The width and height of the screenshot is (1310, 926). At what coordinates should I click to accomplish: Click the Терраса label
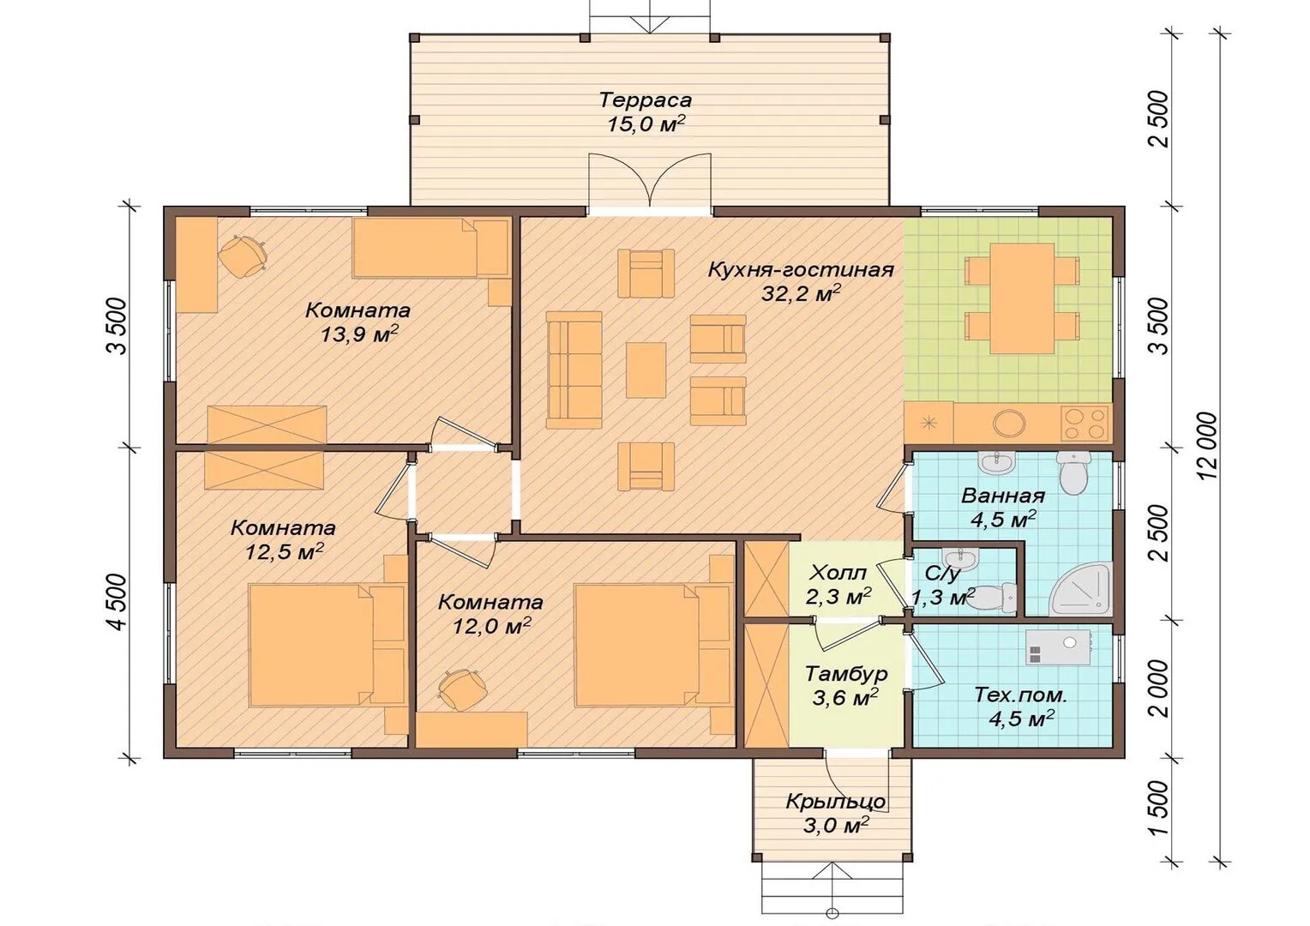click(645, 100)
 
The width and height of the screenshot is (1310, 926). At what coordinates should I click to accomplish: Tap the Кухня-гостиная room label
click(802, 270)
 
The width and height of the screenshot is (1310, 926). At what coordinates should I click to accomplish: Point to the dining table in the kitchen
click(1022, 298)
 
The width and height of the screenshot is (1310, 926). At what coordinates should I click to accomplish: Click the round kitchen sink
click(1009, 422)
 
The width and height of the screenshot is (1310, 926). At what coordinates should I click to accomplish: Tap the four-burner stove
click(1085, 424)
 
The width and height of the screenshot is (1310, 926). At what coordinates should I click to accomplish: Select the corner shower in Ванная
click(1081, 589)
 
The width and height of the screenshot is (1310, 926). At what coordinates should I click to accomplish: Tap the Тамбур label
click(845, 674)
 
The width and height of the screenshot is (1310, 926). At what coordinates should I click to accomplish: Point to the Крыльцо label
click(835, 801)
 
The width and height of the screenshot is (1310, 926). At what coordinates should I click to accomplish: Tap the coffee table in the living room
click(646, 370)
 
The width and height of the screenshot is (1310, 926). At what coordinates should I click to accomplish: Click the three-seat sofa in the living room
click(574, 370)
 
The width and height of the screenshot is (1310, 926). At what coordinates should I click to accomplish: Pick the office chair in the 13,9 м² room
click(242, 255)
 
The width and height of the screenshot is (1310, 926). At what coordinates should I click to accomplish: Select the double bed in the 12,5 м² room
click(312, 644)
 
